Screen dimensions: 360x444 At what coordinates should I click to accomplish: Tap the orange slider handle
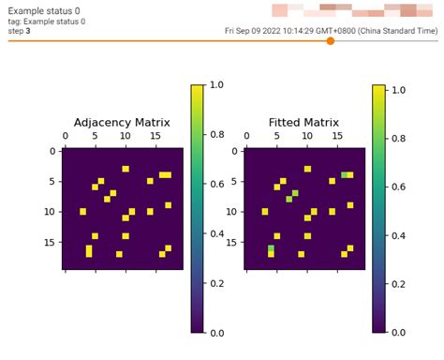coord(331,40)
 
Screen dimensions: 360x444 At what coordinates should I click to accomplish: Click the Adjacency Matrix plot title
coord(119,122)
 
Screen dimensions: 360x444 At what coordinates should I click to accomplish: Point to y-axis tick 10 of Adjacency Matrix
coord(51,212)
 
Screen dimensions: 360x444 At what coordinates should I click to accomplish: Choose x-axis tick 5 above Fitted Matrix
coord(277,138)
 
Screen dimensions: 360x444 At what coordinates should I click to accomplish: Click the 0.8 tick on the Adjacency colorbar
coord(216,134)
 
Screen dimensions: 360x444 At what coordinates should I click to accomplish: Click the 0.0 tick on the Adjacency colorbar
coord(216,332)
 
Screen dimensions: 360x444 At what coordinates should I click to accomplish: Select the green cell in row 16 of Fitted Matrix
coord(271,248)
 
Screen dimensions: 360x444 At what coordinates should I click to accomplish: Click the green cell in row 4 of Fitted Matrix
coord(344,174)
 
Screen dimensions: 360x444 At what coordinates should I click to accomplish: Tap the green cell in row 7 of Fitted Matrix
coord(295,193)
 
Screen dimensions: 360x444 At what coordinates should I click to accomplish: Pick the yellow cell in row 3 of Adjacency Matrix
coord(126,169)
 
